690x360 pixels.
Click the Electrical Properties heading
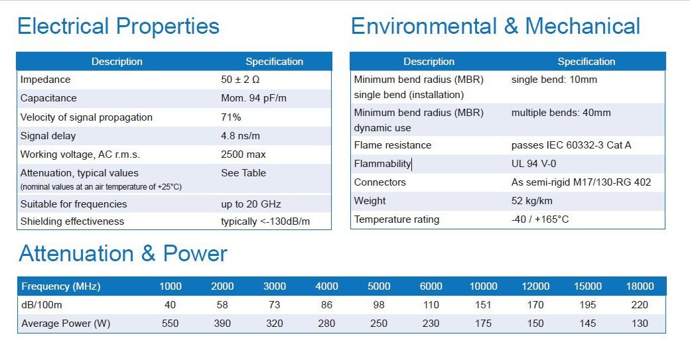tap(118, 27)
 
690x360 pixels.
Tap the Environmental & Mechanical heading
tap(495, 27)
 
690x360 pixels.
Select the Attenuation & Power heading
tap(123, 253)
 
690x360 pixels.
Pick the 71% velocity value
tap(231, 117)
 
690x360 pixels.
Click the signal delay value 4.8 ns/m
tap(240, 136)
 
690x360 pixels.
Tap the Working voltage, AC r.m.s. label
tap(80, 154)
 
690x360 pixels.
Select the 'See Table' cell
tap(243, 173)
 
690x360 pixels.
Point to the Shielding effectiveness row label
tap(72, 221)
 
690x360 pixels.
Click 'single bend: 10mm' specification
tap(554, 80)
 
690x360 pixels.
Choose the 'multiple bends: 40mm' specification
tap(561, 113)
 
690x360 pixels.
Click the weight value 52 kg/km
tap(532, 201)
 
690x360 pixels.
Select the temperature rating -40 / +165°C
tap(540, 219)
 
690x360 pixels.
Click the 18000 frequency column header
tap(640, 286)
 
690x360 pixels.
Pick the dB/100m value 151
tap(483, 305)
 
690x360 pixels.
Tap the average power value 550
tap(170, 324)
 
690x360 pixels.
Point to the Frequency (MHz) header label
tap(61, 286)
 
